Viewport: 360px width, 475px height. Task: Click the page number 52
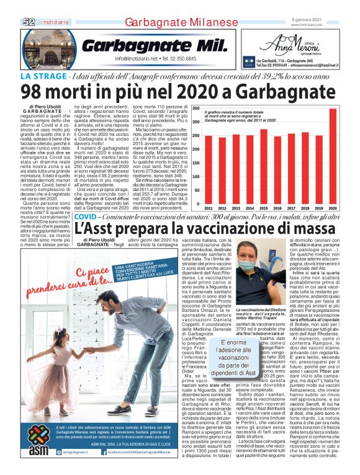click(29, 22)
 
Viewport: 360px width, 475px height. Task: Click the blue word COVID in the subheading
click(85, 218)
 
